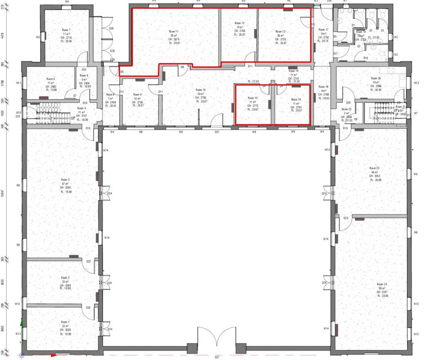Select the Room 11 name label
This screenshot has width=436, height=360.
pos(174,31)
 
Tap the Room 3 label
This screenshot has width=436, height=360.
pos(66,180)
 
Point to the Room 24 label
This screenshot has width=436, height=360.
pos(382,284)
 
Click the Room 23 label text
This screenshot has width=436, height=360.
pos(374,168)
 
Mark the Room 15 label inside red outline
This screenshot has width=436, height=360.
pos(253,98)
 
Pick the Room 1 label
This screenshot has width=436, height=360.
pos(65,322)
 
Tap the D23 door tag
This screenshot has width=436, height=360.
pos(346,218)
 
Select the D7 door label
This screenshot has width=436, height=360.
pos(75,96)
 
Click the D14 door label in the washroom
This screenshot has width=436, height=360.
pos(366,58)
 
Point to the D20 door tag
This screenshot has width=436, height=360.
pos(348,90)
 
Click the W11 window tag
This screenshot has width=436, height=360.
pos(19,83)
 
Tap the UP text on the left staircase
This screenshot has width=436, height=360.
pos(73,118)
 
